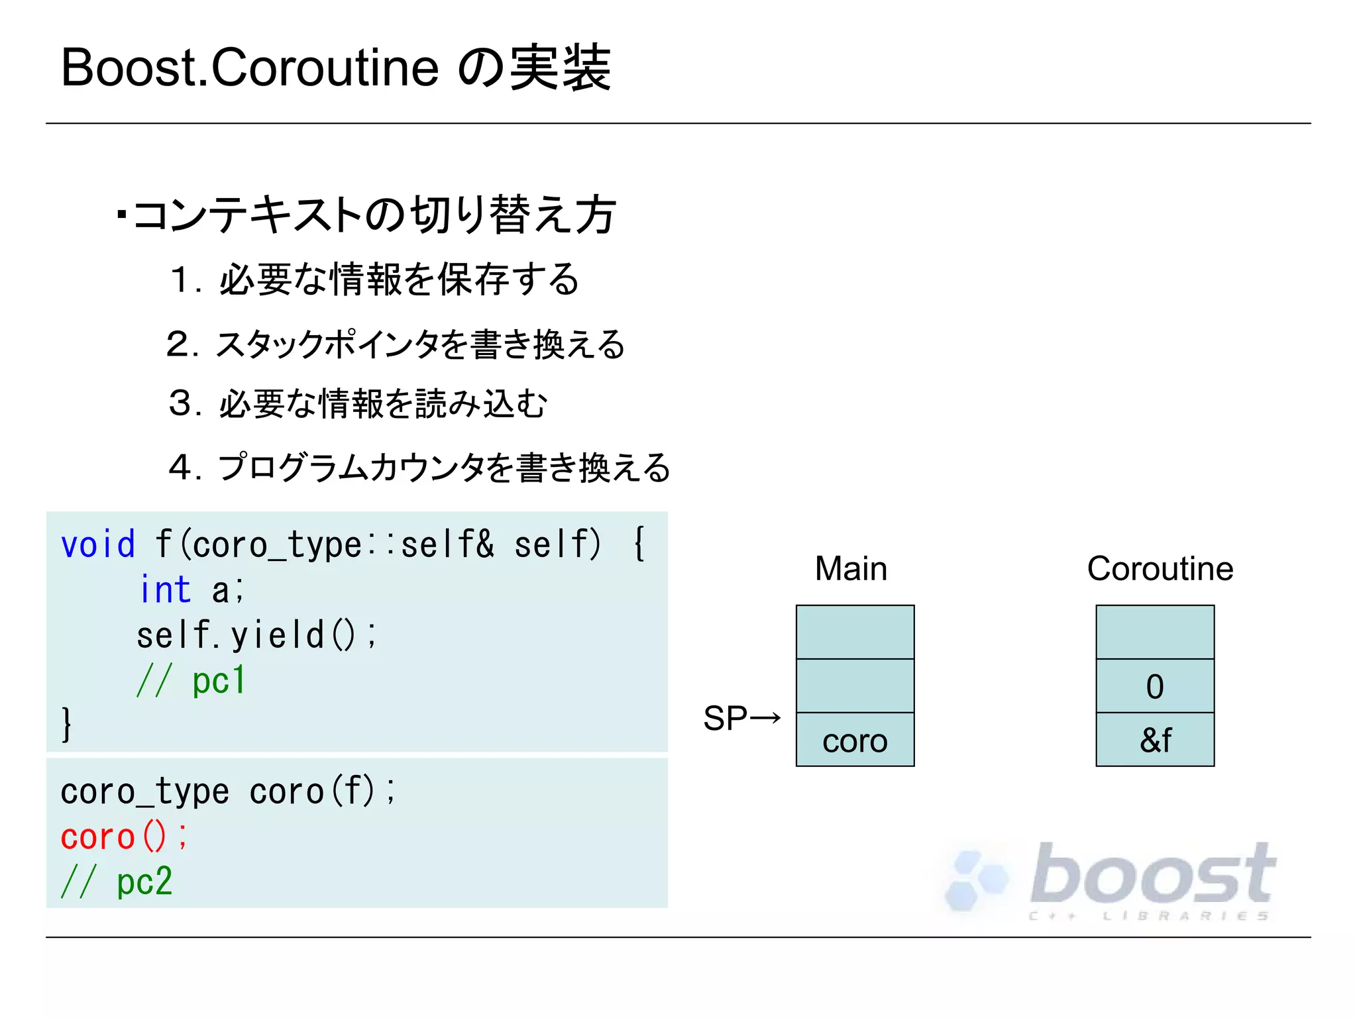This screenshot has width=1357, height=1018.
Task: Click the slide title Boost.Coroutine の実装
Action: click(x=335, y=68)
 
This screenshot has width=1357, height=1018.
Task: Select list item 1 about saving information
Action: click(x=375, y=279)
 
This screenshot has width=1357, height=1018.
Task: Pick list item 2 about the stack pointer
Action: click(x=396, y=344)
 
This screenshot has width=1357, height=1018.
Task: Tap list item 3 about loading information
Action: click(x=358, y=403)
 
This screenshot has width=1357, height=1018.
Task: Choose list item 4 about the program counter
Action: click(x=419, y=467)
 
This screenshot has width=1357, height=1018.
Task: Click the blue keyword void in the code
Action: click(x=98, y=544)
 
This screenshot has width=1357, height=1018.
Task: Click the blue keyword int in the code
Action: click(x=166, y=589)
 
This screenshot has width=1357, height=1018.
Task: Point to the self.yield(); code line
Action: click(x=256, y=635)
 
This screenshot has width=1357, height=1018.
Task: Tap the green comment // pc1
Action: click(x=191, y=680)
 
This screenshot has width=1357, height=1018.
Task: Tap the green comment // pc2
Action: click(x=117, y=882)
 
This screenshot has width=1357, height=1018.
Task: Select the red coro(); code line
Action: click(x=124, y=837)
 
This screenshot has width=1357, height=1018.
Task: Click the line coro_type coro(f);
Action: click(x=228, y=791)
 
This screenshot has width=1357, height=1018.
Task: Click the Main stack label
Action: click(x=851, y=568)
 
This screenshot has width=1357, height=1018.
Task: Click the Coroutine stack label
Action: click(x=1160, y=568)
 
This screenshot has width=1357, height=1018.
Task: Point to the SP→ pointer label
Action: click(x=742, y=719)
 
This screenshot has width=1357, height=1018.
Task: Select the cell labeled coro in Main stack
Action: click(x=855, y=740)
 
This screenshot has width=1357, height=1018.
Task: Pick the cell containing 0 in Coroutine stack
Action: click(x=1155, y=686)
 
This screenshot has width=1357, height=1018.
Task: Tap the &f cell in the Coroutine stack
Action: click(x=1155, y=740)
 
